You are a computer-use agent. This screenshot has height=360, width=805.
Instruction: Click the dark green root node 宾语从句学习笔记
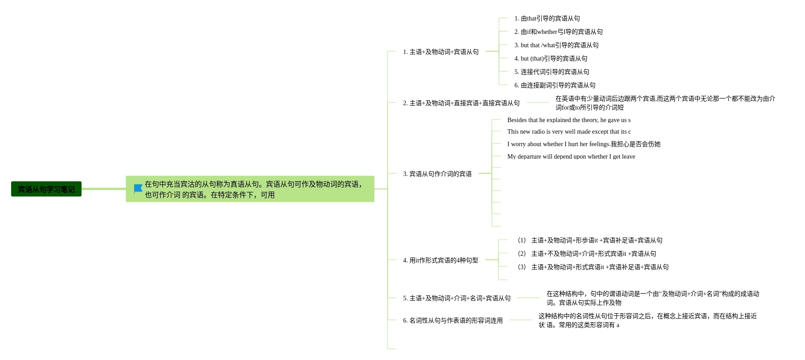click(x=46, y=189)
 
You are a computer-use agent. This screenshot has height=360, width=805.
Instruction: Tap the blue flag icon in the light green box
click(x=138, y=189)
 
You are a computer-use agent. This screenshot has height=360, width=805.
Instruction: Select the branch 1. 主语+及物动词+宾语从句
click(x=441, y=52)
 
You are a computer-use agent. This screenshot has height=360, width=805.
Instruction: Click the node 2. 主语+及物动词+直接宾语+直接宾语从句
click(x=461, y=103)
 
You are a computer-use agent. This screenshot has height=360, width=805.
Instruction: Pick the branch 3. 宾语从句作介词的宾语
click(x=437, y=174)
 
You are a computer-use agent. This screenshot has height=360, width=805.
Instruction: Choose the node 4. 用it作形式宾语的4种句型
click(x=440, y=260)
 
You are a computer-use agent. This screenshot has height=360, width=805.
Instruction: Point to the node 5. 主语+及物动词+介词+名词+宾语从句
click(x=457, y=298)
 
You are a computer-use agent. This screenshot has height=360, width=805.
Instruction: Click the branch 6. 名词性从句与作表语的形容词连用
click(x=453, y=320)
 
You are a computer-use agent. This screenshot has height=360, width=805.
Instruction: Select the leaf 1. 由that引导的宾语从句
click(x=547, y=18)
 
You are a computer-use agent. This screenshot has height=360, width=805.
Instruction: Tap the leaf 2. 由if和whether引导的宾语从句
click(x=558, y=32)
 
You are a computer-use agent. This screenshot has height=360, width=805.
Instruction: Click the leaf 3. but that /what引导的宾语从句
click(x=556, y=45)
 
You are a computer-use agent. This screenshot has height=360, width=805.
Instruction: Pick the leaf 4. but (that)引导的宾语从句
click(x=551, y=58)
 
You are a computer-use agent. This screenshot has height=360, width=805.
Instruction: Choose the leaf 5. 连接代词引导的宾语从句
click(x=552, y=72)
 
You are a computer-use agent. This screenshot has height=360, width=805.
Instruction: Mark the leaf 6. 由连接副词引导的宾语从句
click(x=555, y=85)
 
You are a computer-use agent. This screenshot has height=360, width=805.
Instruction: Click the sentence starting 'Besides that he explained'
click(x=569, y=120)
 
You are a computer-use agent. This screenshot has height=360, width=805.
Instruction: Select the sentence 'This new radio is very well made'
click(x=569, y=131)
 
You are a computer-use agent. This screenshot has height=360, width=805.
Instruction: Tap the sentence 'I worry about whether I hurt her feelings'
click(x=584, y=144)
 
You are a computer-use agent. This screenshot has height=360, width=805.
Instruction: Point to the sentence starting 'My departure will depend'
click(x=571, y=156)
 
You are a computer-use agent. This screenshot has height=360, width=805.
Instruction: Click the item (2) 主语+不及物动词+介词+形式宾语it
click(x=587, y=254)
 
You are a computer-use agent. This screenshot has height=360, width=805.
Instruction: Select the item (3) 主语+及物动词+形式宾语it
click(x=593, y=267)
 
